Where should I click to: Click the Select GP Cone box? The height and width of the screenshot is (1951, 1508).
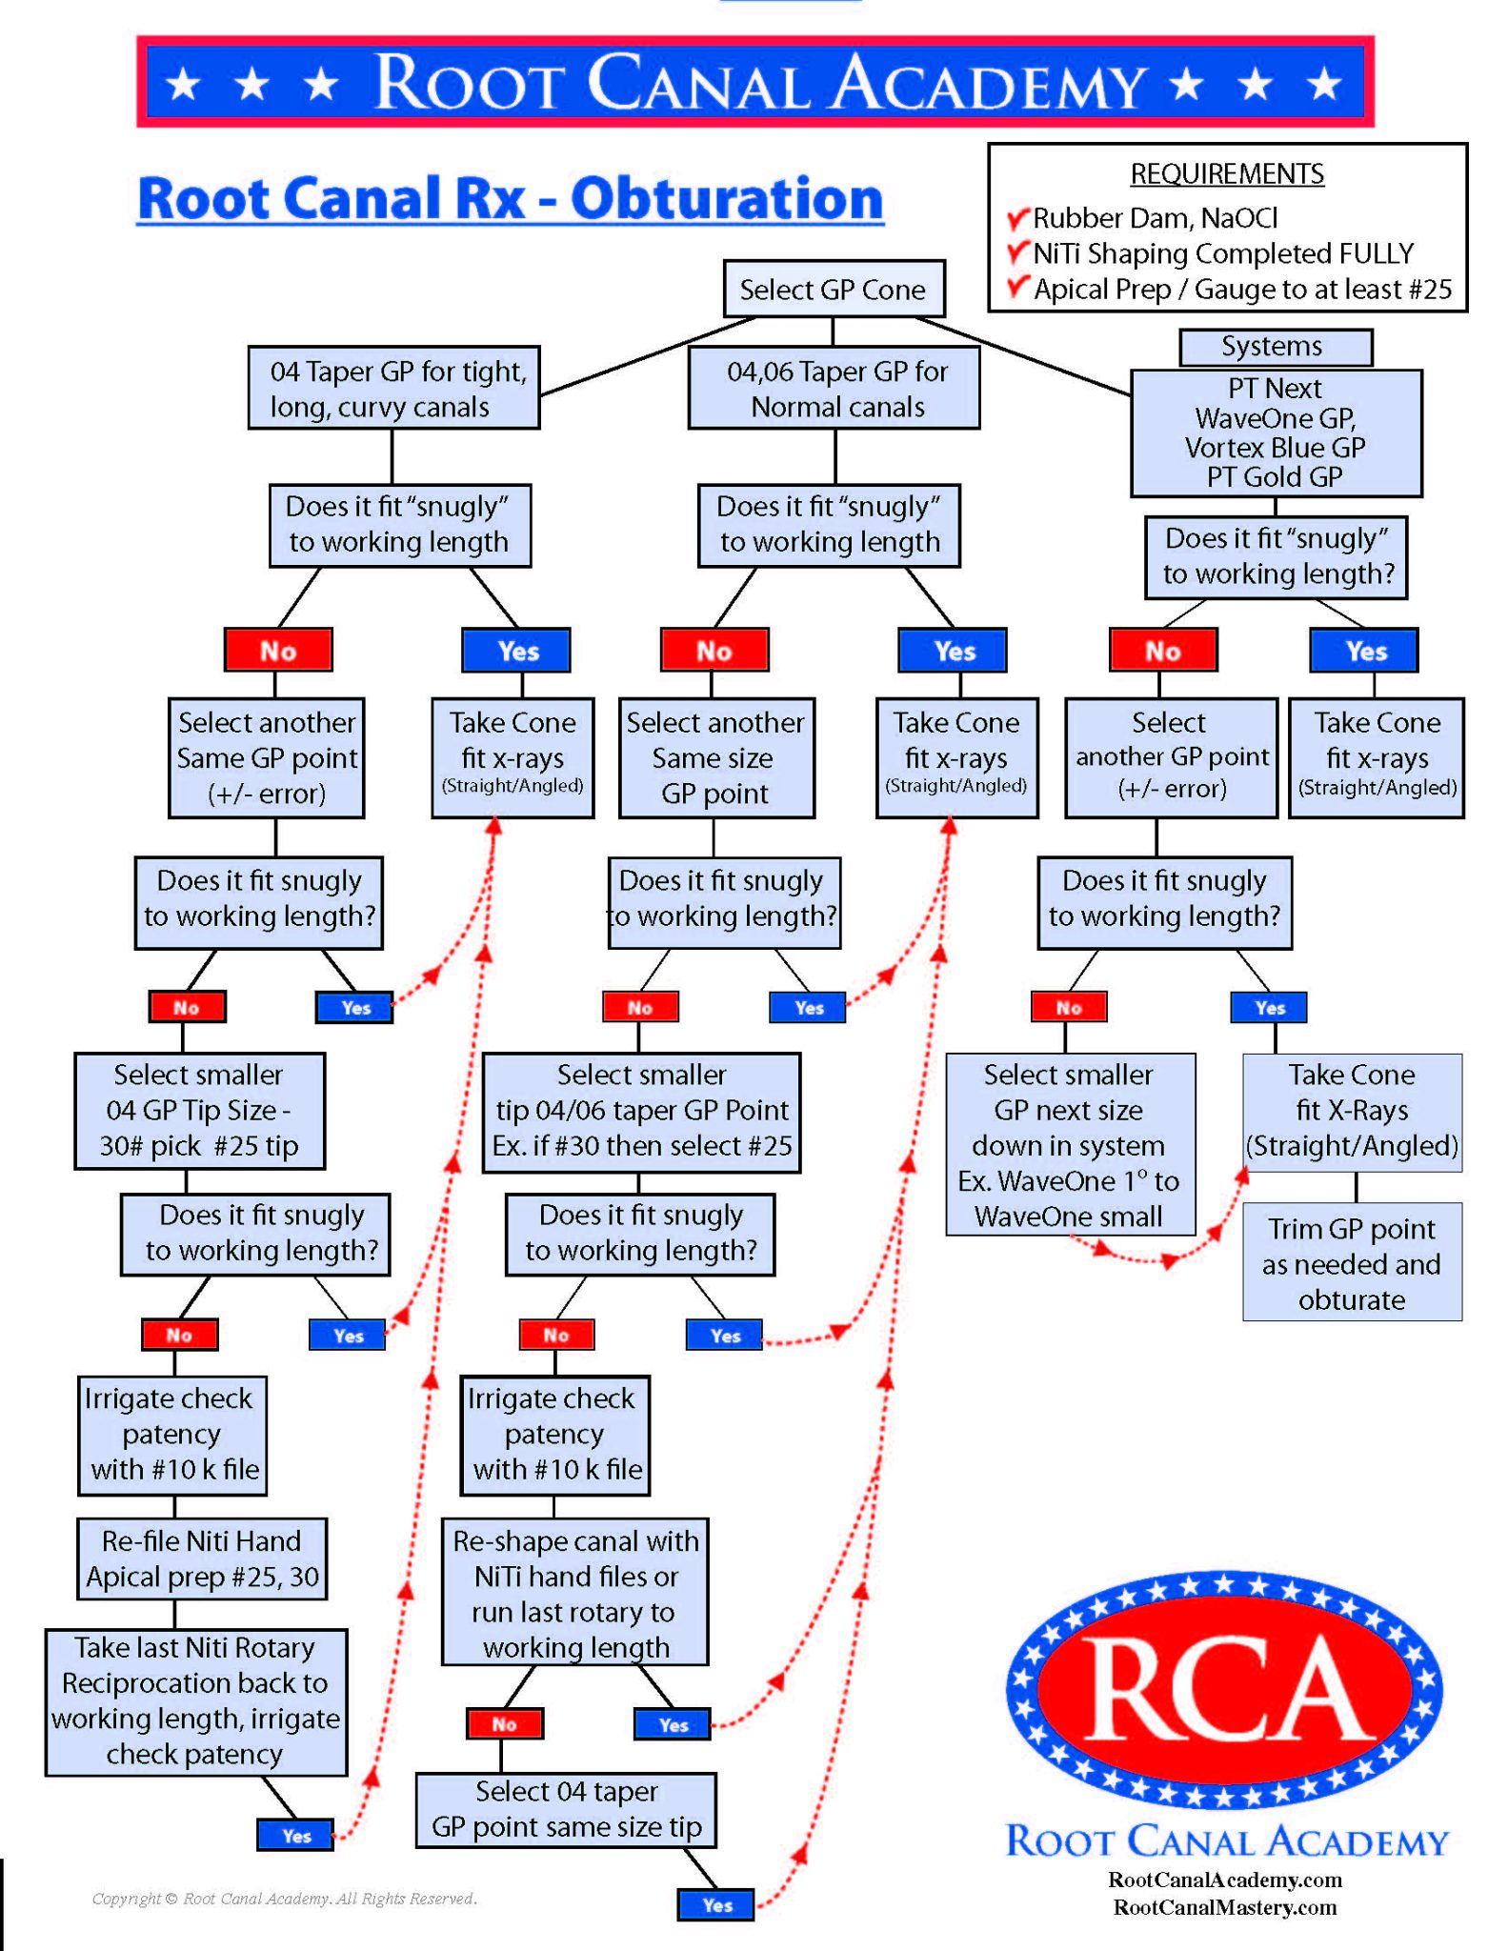point(834,289)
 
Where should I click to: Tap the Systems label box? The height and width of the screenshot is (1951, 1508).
point(1275,347)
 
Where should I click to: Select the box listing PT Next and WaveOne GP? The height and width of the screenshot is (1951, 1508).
point(1276,433)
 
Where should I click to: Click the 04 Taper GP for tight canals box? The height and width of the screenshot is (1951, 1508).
point(394,388)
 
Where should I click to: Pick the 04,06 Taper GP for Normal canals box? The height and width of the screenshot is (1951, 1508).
point(834,388)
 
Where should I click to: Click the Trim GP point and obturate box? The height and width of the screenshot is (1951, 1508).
point(1351,1262)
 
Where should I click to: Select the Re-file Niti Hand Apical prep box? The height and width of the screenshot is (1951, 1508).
point(202,1559)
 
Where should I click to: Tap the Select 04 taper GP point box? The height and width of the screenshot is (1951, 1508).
point(566,1809)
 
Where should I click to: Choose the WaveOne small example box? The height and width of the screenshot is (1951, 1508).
point(1069,1145)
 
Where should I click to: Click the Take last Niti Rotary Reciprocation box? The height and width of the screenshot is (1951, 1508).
point(195,1700)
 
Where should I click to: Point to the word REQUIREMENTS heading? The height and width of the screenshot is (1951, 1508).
point(1226,174)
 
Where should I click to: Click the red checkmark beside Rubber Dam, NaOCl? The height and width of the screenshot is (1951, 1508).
point(1018,218)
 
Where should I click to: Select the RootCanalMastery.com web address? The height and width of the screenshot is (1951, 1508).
point(1224,1907)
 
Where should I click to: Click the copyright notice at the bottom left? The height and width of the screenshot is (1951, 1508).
point(284,1899)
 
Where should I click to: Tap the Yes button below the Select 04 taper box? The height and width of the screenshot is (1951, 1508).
point(716,1904)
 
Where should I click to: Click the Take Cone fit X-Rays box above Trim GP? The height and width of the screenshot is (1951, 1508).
point(1351,1111)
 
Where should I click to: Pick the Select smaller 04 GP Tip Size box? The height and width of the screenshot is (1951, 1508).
point(199,1111)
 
